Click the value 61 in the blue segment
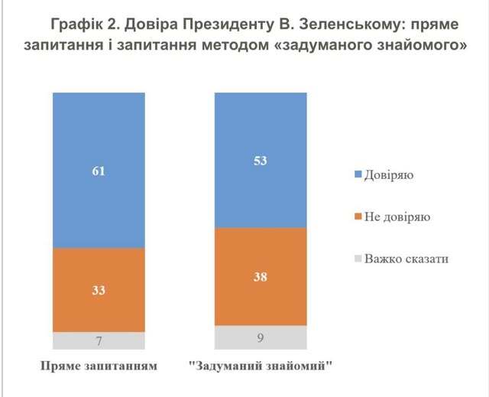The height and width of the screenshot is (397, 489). (x=98, y=171)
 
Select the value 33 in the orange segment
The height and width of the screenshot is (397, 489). (x=98, y=290)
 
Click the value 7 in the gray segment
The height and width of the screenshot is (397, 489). (x=98, y=340)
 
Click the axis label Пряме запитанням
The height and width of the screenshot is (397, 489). (x=99, y=365)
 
